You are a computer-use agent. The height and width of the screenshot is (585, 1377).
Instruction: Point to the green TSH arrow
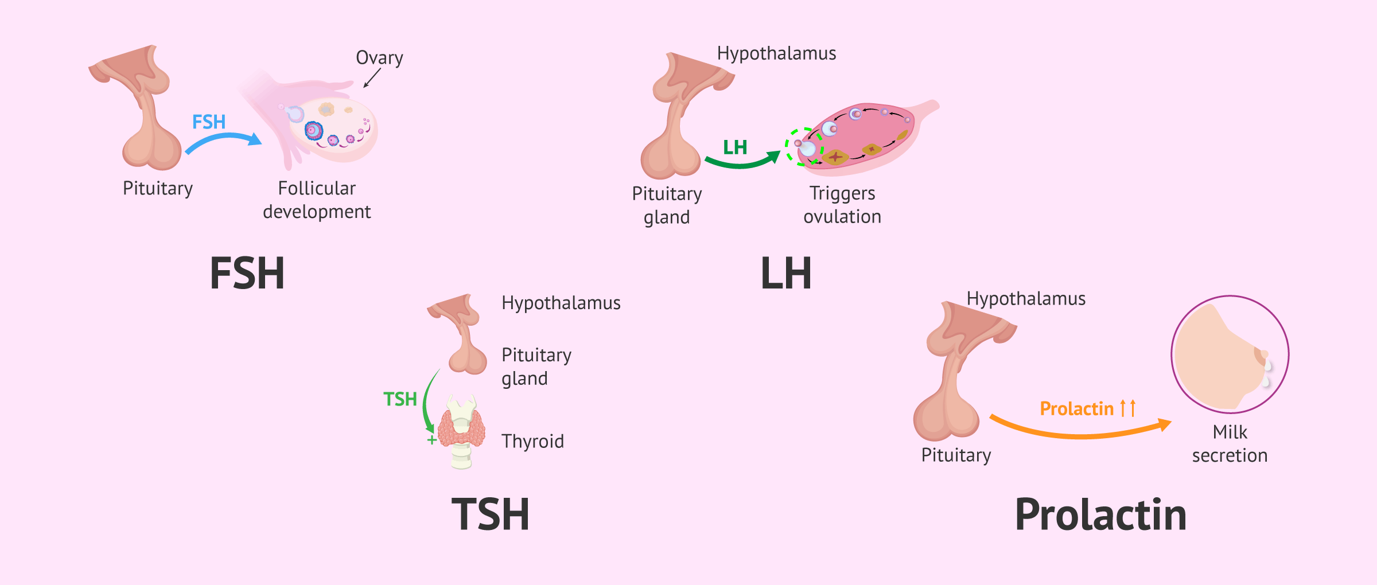(x=425, y=401)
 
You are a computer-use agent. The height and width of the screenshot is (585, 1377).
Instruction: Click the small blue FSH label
(x=209, y=122)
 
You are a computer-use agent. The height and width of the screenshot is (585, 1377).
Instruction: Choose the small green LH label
(x=735, y=147)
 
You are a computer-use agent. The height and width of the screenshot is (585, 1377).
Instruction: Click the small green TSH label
(x=400, y=399)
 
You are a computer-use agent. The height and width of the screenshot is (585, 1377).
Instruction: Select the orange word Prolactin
(x=1077, y=408)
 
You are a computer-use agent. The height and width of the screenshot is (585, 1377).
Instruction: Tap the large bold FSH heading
(x=247, y=273)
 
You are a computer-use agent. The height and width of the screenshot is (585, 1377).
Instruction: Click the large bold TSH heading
(x=491, y=514)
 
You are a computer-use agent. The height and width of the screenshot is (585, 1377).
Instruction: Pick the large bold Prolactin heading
(x=1100, y=514)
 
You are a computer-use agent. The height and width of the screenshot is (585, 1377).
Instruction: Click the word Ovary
(x=379, y=58)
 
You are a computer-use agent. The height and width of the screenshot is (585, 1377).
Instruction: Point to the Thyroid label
(x=532, y=441)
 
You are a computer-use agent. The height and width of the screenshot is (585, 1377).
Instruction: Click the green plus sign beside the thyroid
(x=431, y=440)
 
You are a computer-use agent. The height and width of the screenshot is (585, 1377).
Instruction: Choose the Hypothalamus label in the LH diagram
(x=776, y=53)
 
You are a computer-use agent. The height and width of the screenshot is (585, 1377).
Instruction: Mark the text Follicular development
(x=317, y=200)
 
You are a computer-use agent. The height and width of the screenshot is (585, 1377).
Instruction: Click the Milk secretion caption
(x=1230, y=443)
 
